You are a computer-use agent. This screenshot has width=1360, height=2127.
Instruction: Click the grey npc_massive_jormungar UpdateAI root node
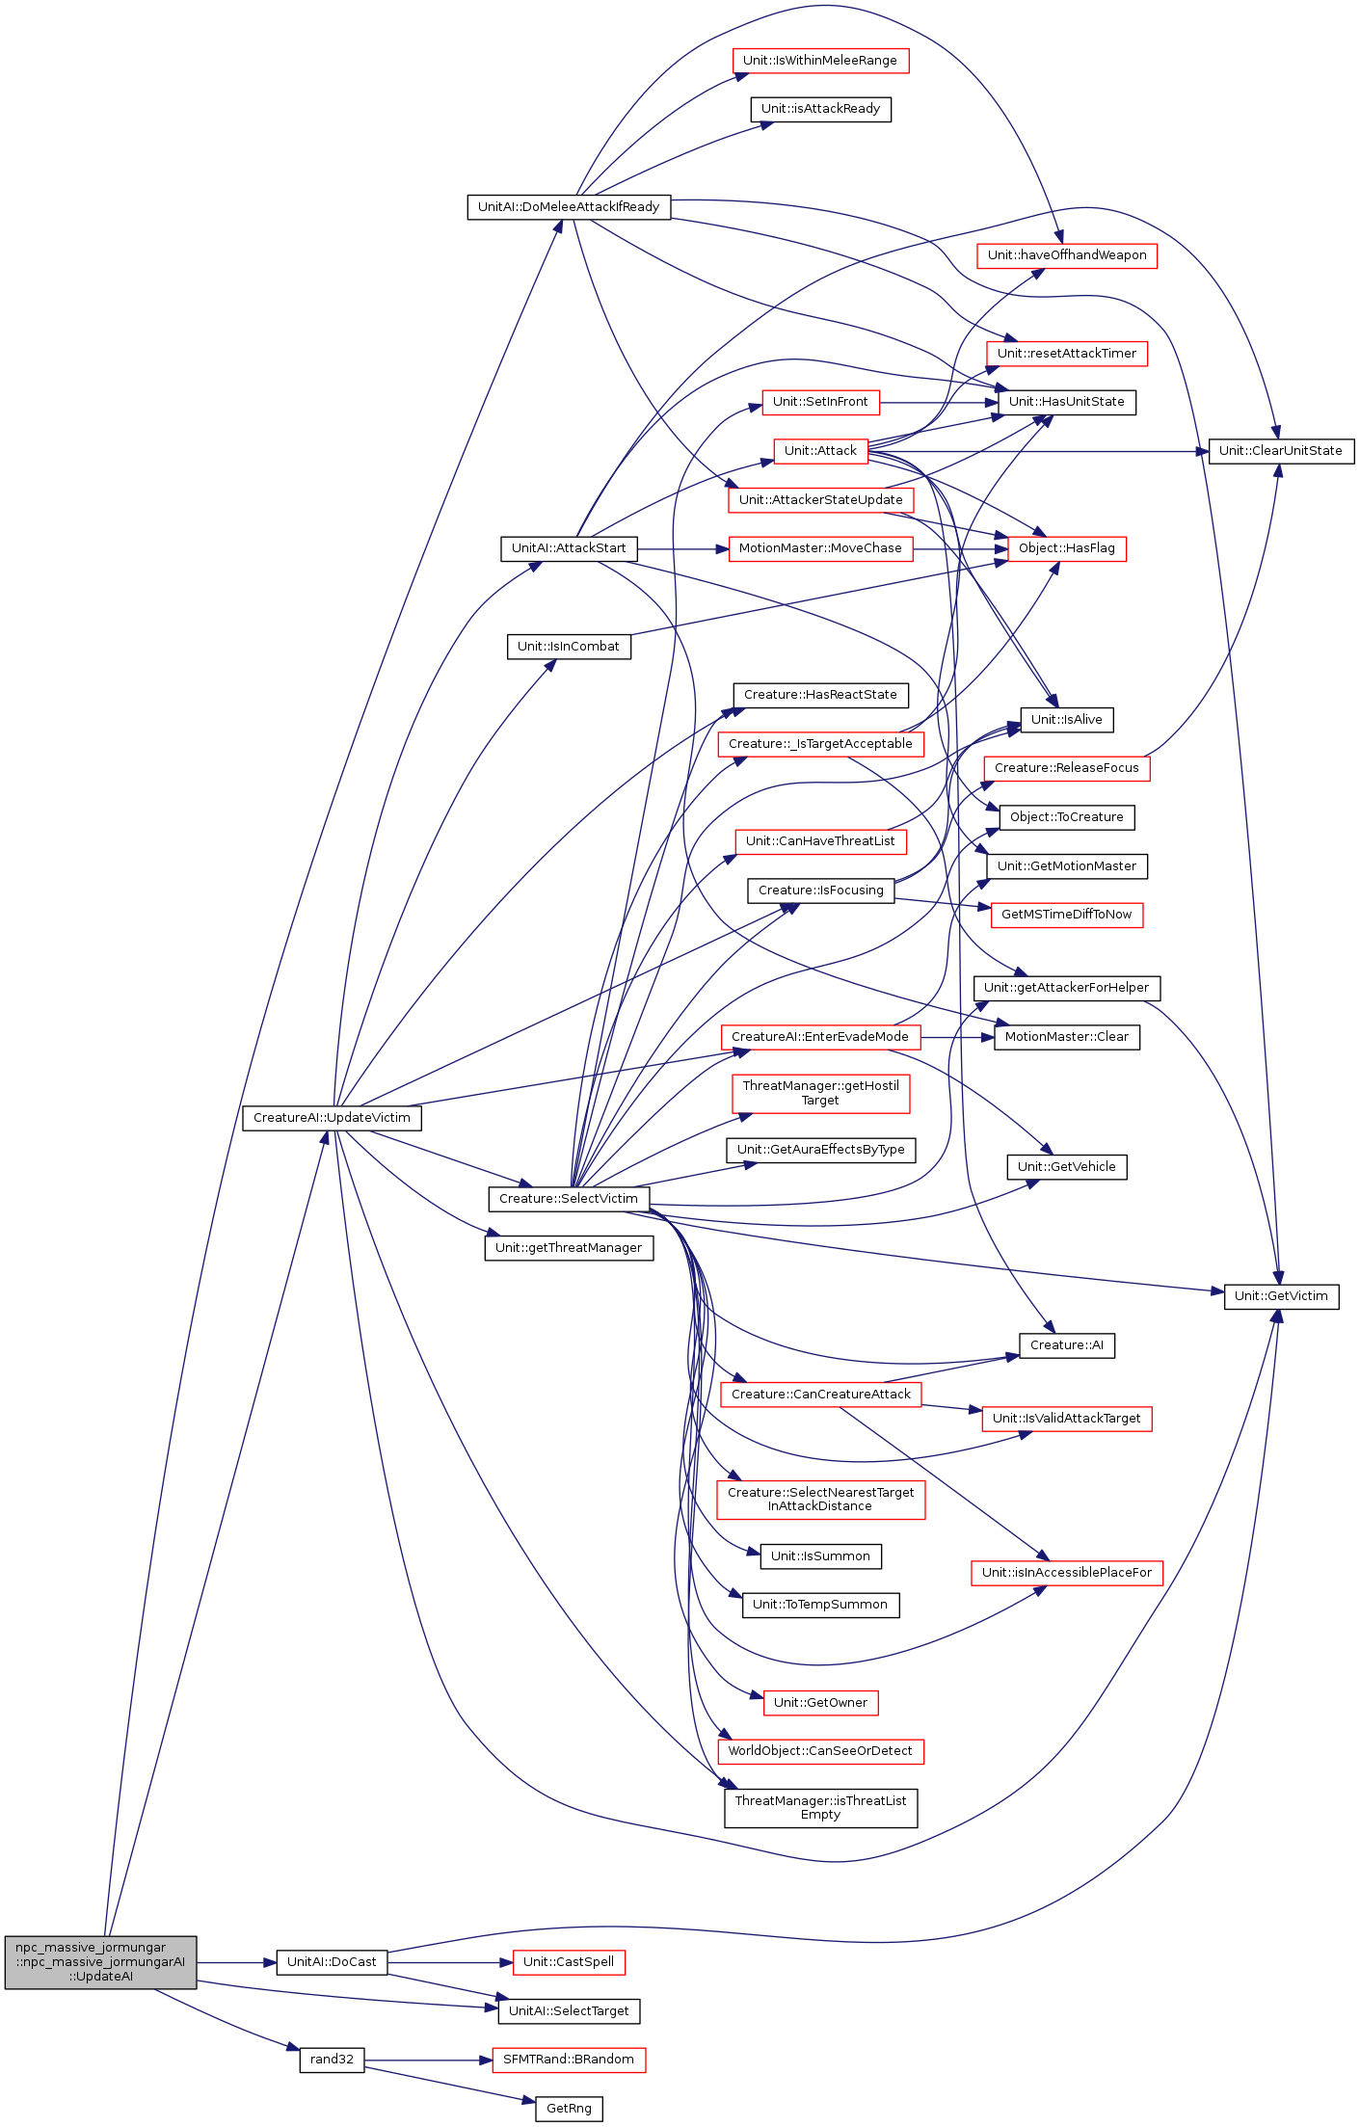tap(100, 1961)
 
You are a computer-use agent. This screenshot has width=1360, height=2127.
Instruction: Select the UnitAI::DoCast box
tap(332, 1961)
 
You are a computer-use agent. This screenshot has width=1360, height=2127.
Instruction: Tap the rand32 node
tap(332, 2060)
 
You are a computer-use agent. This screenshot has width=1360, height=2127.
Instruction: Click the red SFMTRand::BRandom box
tap(569, 2060)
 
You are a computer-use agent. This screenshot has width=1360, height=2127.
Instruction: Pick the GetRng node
tap(569, 2109)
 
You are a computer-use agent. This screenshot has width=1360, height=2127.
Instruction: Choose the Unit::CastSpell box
tap(569, 1961)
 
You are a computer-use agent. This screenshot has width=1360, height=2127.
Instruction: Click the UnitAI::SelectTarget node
tap(569, 2010)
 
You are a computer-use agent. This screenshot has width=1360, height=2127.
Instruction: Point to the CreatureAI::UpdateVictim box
tap(332, 1118)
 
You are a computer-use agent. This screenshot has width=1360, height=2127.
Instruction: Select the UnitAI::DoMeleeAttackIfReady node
tap(569, 206)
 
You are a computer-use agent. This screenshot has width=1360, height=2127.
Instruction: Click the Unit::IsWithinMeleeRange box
tap(820, 61)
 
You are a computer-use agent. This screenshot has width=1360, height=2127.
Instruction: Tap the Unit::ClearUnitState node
tap(1281, 450)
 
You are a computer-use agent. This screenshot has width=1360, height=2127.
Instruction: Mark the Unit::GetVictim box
tap(1281, 1296)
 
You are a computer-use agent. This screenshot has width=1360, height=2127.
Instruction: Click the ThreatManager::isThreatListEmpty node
tap(820, 1807)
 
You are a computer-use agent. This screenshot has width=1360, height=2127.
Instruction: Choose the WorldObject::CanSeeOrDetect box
tap(820, 1751)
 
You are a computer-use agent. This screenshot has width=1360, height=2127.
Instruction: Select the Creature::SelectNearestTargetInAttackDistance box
tap(820, 1499)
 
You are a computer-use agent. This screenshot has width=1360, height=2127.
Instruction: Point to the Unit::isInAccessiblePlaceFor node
tap(1067, 1572)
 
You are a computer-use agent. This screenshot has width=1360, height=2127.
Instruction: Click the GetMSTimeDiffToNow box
tap(1067, 915)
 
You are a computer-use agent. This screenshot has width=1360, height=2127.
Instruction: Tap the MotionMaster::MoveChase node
tap(820, 548)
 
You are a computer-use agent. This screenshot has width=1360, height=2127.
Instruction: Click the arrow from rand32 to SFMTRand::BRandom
tap(428, 2061)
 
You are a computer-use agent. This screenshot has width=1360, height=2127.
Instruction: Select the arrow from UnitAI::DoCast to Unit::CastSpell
tap(450, 1962)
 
